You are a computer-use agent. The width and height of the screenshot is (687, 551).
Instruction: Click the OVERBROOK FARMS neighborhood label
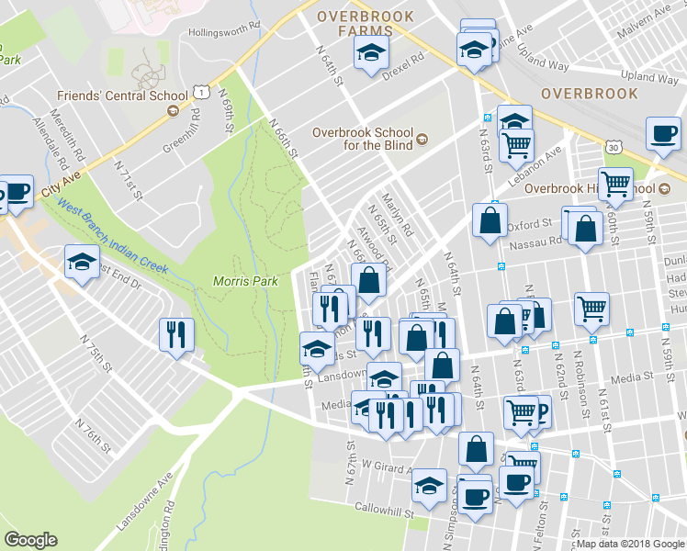tap(365, 24)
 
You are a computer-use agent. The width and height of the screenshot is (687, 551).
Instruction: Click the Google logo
tap(31, 540)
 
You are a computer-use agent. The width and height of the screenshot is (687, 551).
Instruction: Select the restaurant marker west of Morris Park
tap(175, 334)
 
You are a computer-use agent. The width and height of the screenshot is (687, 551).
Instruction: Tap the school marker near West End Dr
tap(82, 263)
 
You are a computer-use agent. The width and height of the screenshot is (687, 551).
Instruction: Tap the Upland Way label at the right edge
tap(650, 76)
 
